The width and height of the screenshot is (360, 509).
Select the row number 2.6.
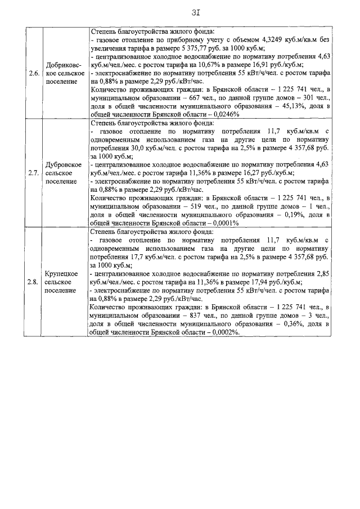(33, 73)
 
